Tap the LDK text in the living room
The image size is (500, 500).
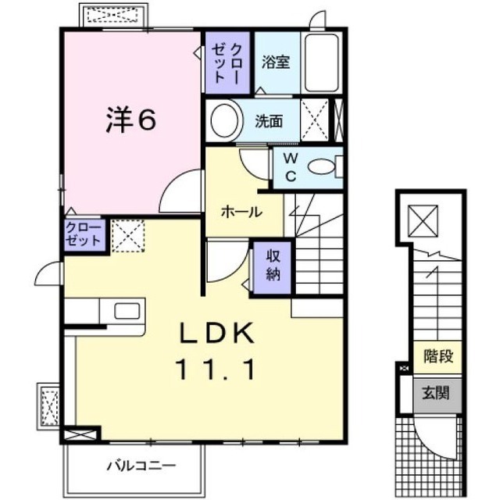click(x=218, y=335)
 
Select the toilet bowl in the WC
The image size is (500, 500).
click(x=320, y=166)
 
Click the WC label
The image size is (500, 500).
click(x=290, y=166)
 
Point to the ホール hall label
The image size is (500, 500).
click(x=241, y=211)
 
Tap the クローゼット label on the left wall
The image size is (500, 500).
click(x=84, y=234)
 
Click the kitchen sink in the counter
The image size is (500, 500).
click(x=126, y=310)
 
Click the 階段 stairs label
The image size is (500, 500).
click(x=437, y=356)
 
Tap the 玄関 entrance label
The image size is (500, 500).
click(x=437, y=393)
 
